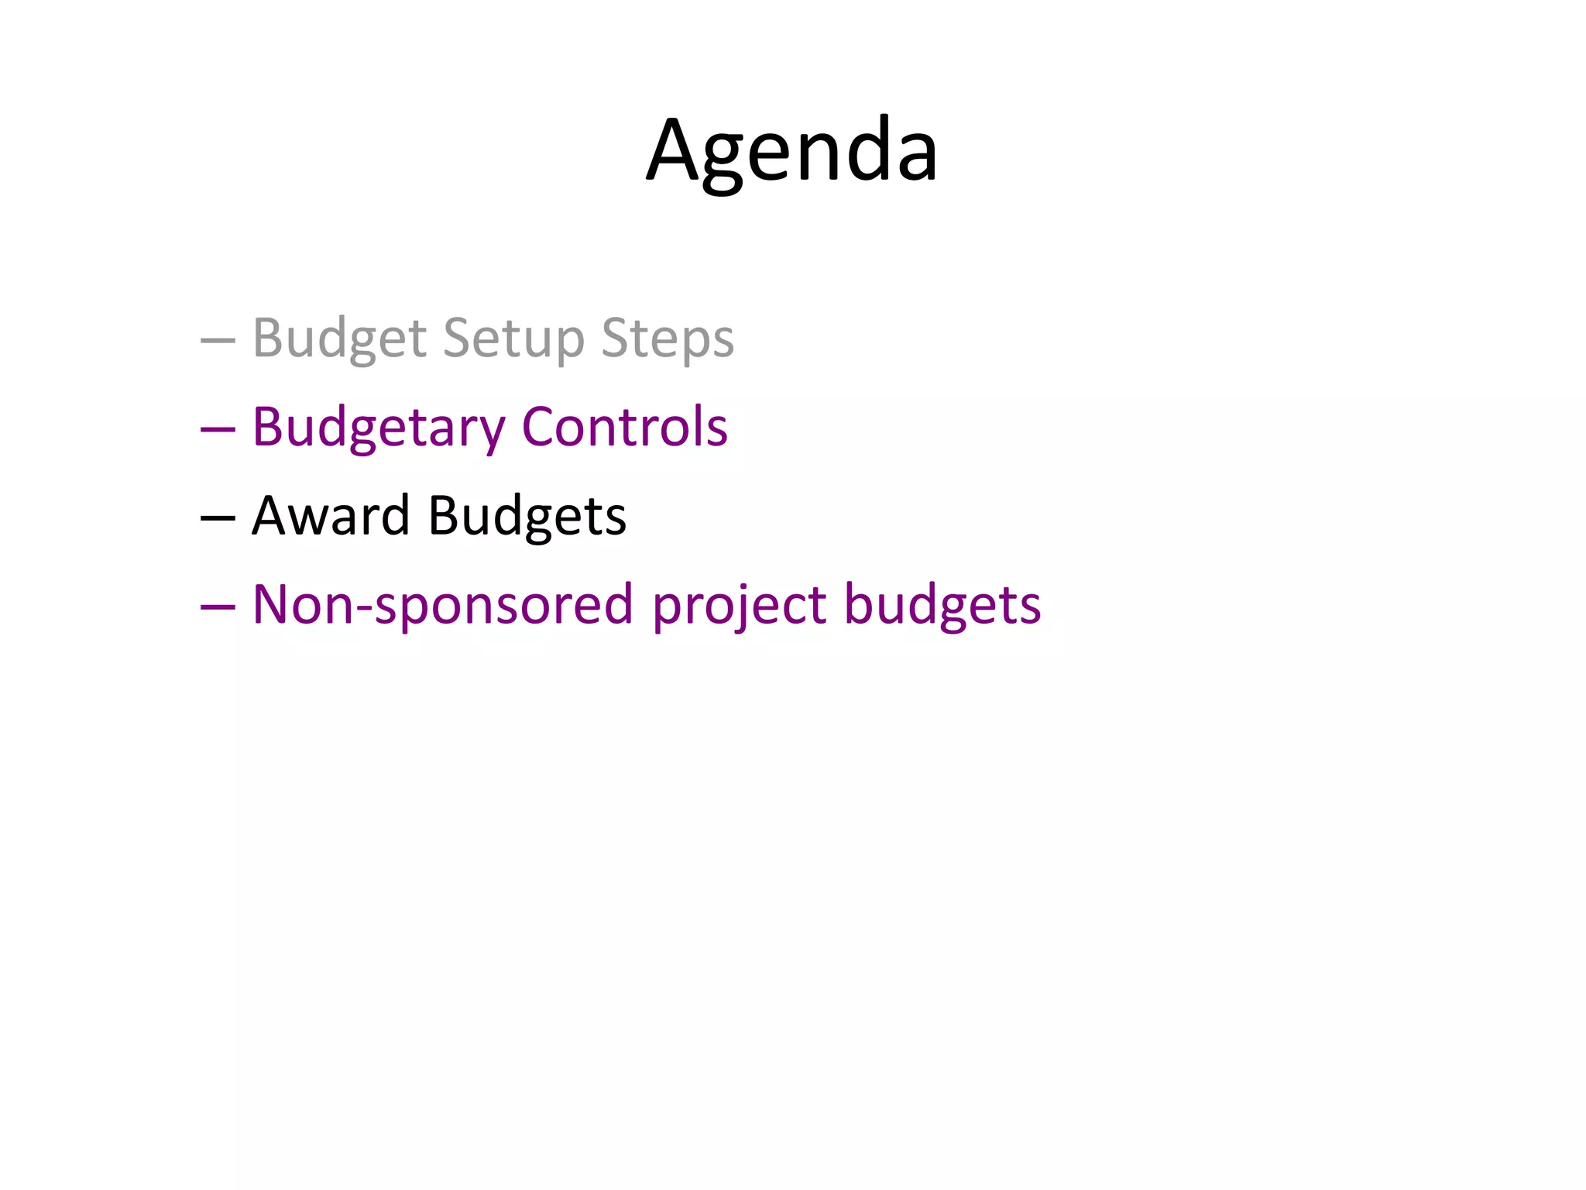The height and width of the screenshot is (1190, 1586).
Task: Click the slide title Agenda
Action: [x=792, y=151]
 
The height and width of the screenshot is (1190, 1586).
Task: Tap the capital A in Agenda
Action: [x=676, y=150]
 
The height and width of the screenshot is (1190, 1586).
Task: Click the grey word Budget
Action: [x=340, y=339]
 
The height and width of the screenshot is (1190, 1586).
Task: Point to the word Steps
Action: [x=667, y=339]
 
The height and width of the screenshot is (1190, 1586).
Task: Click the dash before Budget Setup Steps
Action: [x=218, y=340]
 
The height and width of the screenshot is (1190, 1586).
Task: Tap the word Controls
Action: [x=624, y=427]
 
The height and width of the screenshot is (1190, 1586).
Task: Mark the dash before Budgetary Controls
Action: [x=218, y=429]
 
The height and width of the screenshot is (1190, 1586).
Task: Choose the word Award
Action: [x=331, y=516]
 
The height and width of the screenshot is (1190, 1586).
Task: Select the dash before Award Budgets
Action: [x=218, y=518]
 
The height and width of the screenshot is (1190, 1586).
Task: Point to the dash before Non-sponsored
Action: [x=218, y=607]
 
